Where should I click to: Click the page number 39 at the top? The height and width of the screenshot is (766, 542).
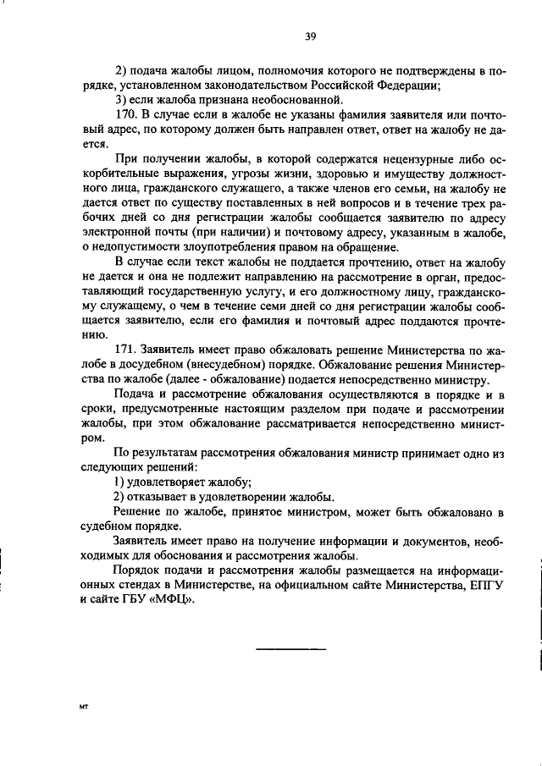(310, 36)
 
